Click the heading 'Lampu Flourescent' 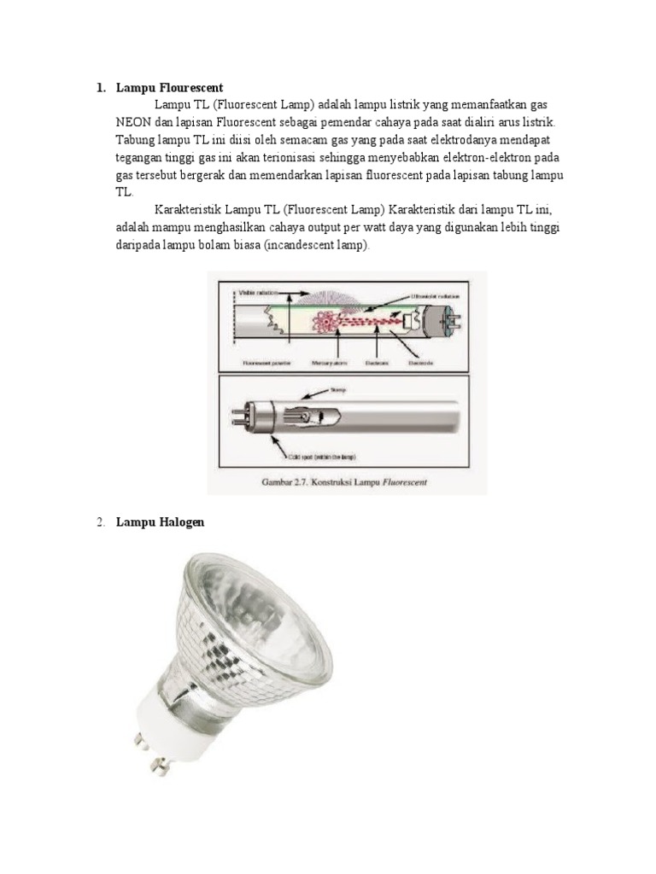(x=169, y=88)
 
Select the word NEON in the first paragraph (x=135, y=121)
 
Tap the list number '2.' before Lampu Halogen (x=100, y=522)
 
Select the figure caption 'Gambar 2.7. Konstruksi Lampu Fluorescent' (x=344, y=482)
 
